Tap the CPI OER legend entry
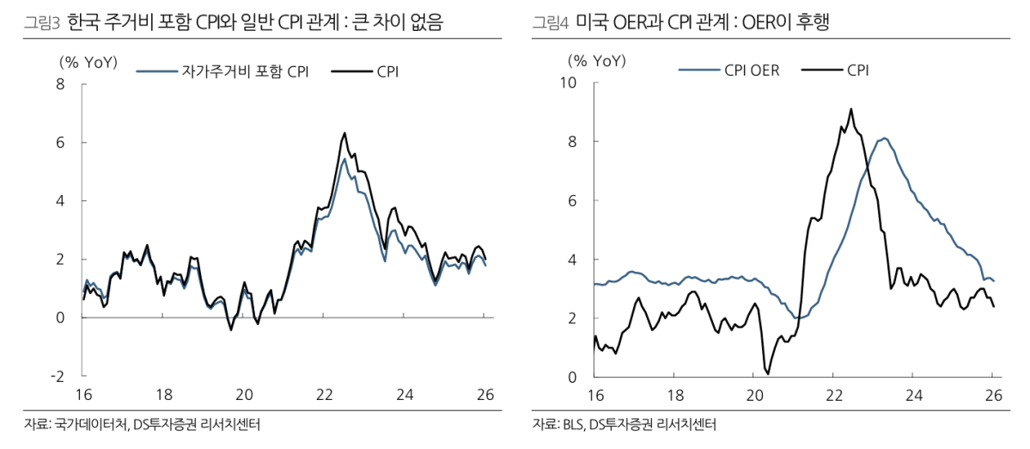pos(752,71)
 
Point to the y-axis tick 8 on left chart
pos(60,83)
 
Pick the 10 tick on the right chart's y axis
pos(571,83)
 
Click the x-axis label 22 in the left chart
pos(324,395)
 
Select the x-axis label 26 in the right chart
pos(993,395)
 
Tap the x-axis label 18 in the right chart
pos(674,395)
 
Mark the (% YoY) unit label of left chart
pos(88,61)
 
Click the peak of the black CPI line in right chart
pos(850,109)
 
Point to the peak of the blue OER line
pos(884,138)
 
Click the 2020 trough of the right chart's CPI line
pos(767,372)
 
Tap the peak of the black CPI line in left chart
pos(344,133)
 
